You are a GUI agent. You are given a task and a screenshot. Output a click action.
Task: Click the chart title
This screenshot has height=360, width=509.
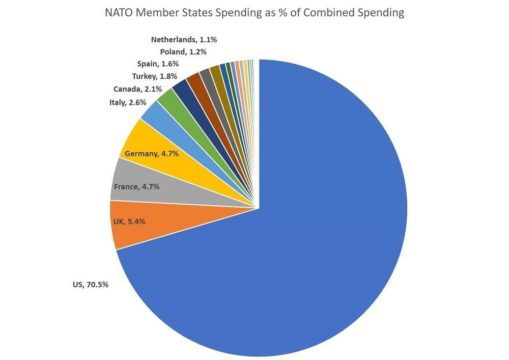pyautogui.click(x=254, y=13)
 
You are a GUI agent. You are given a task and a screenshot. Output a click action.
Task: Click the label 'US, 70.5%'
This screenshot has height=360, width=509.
pyautogui.click(x=90, y=285)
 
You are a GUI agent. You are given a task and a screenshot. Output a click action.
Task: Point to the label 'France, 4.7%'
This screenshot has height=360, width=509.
pyautogui.click(x=136, y=186)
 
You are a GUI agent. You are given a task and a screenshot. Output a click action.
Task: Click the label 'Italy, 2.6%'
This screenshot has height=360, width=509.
pyautogui.click(x=128, y=102)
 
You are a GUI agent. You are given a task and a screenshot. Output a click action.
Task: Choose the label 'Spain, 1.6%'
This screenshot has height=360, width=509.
pyautogui.click(x=158, y=64)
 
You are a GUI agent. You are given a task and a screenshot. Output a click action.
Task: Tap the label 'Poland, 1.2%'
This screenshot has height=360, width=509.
pyautogui.click(x=183, y=51)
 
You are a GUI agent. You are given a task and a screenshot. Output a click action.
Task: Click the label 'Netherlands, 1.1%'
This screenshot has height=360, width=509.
pyautogui.click(x=188, y=39)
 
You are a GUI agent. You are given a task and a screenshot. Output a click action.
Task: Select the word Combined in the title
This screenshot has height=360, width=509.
pyautogui.click(x=332, y=13)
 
